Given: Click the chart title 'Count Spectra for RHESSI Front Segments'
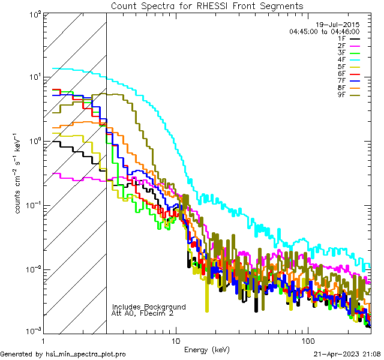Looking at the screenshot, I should point(207,6).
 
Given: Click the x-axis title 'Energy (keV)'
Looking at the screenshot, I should point(207,349).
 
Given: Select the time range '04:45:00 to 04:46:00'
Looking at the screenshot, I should point(324,31).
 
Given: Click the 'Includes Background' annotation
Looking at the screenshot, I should point(149,307).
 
